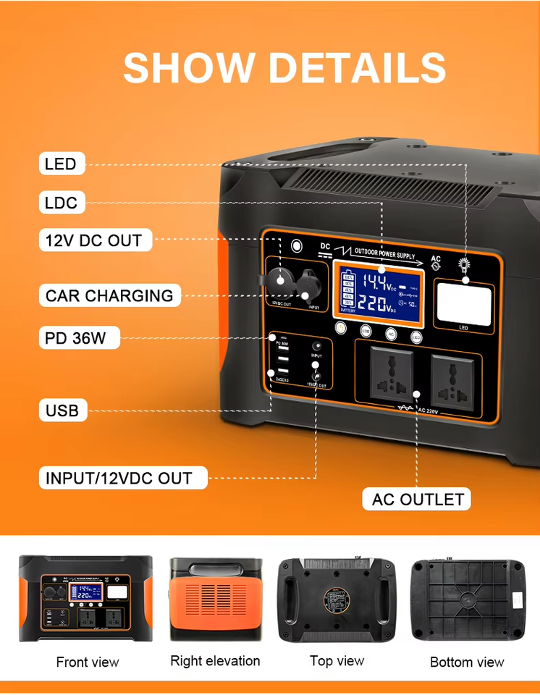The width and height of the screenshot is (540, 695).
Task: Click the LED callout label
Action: [x=60, y=164]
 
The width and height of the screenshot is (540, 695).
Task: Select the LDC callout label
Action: [x=61, y=202]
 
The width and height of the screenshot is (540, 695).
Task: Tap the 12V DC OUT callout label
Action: [x=93, y=240]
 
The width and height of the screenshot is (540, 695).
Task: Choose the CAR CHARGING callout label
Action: [x=109, y=295]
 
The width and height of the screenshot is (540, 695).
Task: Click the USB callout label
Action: [x=63, y=411]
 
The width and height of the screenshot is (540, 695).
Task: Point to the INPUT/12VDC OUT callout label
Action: [x=119, y=478]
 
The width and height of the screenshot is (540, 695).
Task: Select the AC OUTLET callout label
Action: [x=418, y=500]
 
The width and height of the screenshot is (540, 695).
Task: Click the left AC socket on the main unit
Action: [x=391, y=376]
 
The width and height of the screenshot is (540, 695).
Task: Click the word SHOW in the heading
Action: [x=190, y=68]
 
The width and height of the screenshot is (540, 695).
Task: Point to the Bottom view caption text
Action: [x=467, y=662]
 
